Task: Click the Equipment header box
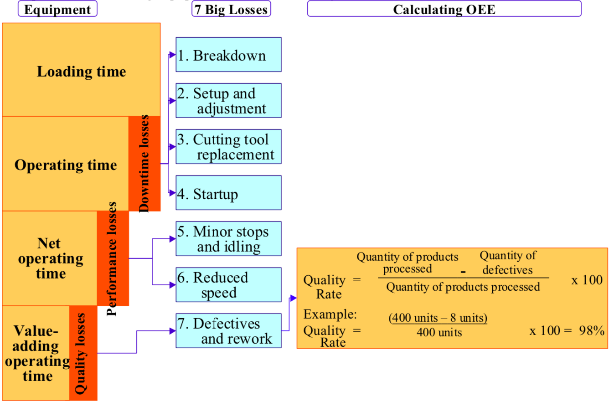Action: click(57, 9)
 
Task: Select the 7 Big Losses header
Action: click(231, 9)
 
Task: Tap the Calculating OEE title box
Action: click(444, 9)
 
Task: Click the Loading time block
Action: click(81, 72)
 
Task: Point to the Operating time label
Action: click(65, 165)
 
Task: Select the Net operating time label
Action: click(50, 258)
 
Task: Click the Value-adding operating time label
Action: click(36, 353)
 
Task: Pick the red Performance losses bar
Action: click(113, 258)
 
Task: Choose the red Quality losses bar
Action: click(83, 353)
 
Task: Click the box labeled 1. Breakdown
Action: click(228, 55)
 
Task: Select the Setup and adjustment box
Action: click(228, 101)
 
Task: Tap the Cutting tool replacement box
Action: click(228, 147)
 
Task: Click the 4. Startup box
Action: click(228, 193)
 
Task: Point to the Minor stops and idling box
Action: click(228, 239)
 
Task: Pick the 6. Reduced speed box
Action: click(228, 285)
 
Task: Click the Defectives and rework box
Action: click(228, 331)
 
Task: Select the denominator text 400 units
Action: click(439, 333)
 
